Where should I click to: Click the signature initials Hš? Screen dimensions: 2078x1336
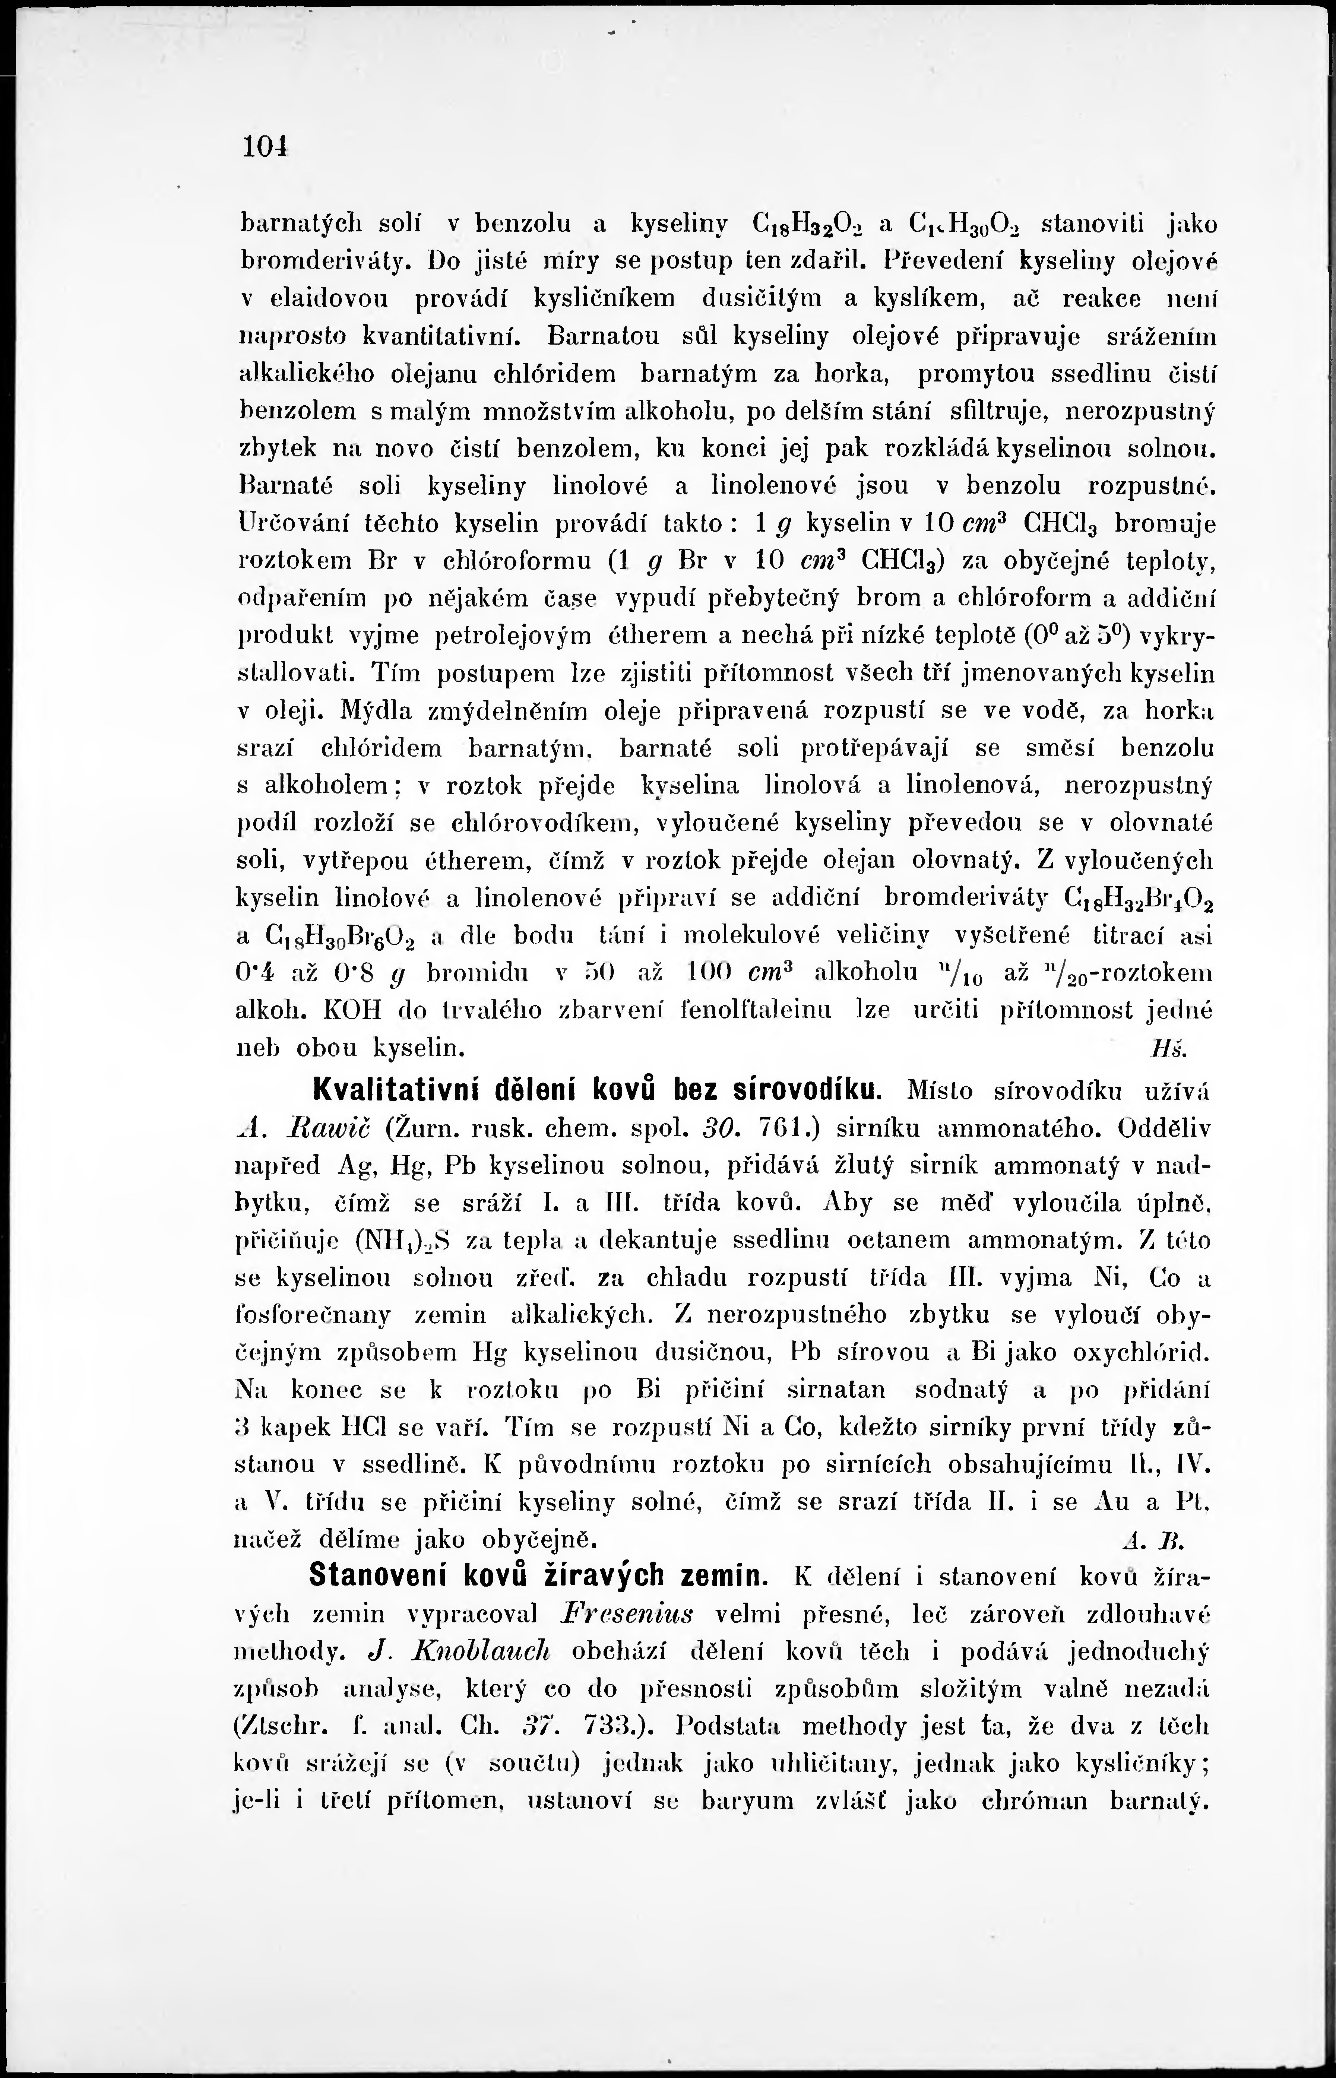1161,1049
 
